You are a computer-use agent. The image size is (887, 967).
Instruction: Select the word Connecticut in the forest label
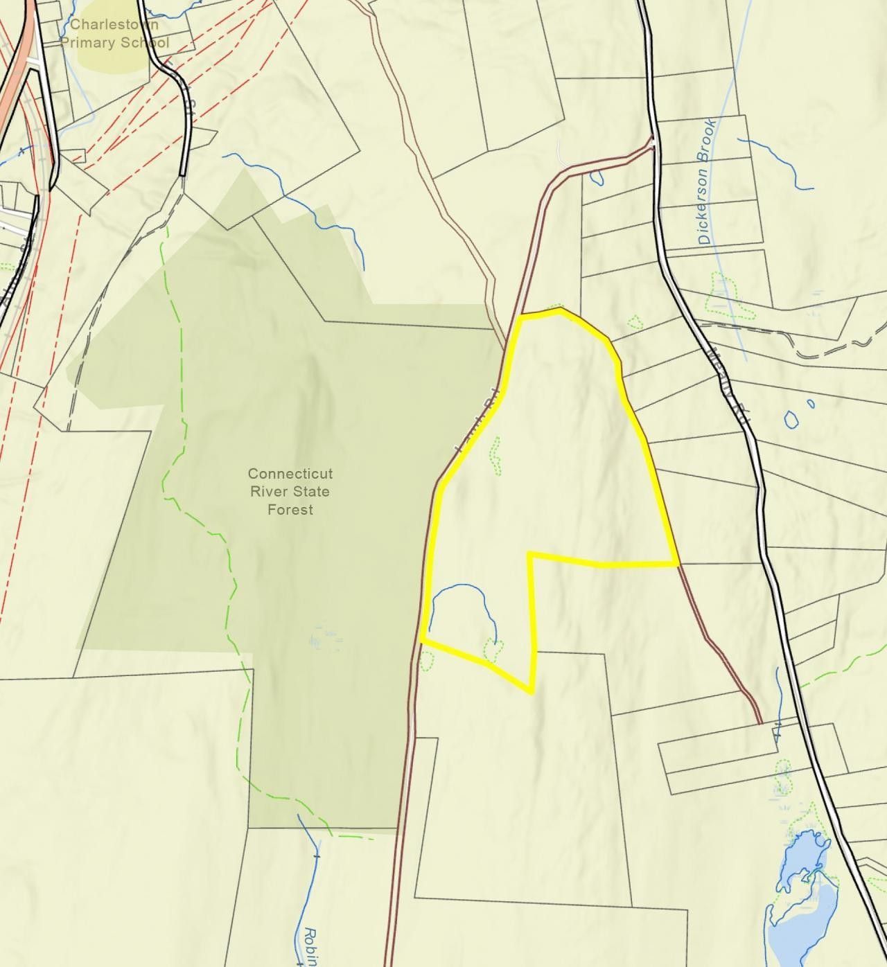(x=290, y=474)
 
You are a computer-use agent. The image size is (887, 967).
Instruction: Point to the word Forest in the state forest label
(x=290, y=510)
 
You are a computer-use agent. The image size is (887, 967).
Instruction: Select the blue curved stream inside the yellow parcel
(x=457, y=587)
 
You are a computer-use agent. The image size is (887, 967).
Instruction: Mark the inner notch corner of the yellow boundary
(x=530, y=554)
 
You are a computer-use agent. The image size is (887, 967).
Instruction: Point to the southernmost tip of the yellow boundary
(x=531, y=691)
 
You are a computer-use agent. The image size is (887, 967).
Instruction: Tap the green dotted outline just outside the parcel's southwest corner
(x=427, y=662)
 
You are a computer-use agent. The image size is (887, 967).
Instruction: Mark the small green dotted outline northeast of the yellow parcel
(x=634, y=322)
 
